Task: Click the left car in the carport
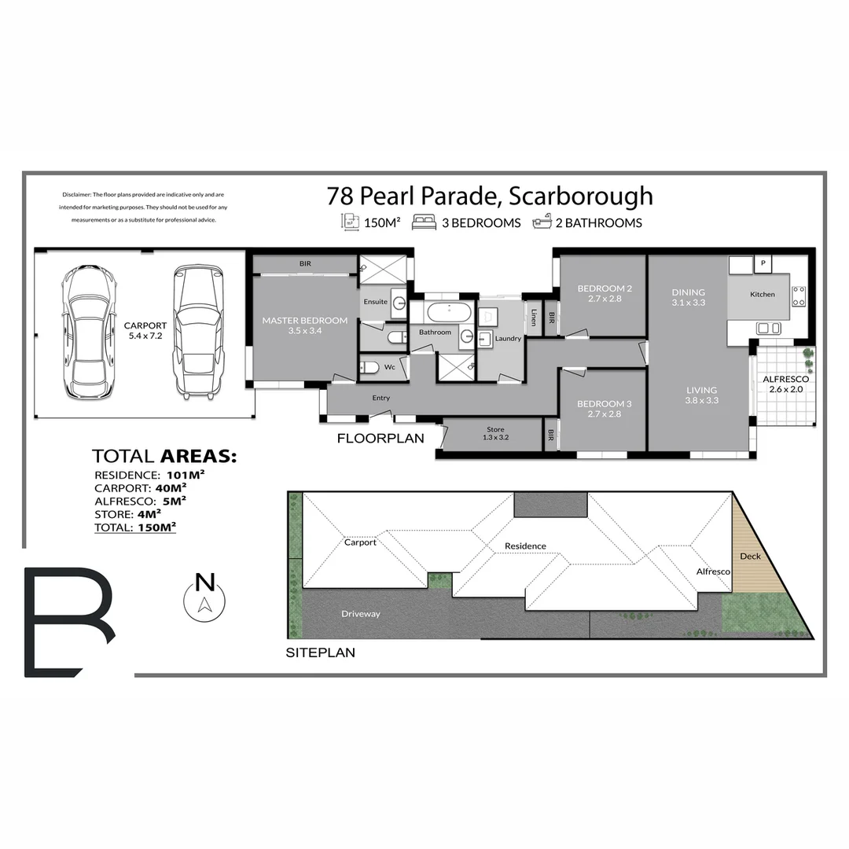click(89, 332)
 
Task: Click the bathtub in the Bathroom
click(449, 312)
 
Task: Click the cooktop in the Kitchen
click(798, 296)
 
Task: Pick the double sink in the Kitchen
click(768, 328)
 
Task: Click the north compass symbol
click(204, 595)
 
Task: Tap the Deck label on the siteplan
click(751, 556)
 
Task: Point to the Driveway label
click(360, 613)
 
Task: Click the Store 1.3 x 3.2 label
click(495, 433)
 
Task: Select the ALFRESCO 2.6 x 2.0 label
click(785, 384)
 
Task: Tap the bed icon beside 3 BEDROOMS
click(424, 222)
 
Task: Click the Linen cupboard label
click(534, 318)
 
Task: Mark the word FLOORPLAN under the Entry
click(380, 439)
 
